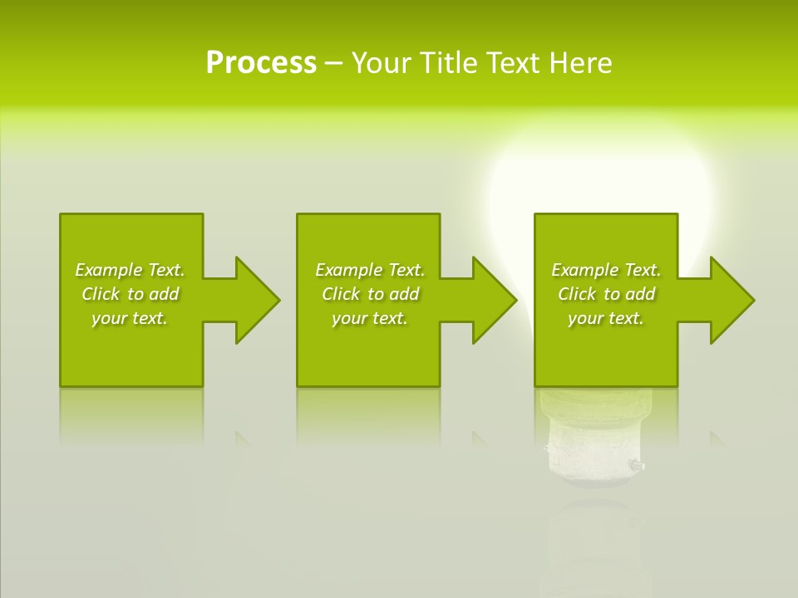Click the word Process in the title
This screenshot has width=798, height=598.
coord(261,63)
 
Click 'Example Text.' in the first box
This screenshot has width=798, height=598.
coord(130,270)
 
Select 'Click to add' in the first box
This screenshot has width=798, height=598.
coord(130,294)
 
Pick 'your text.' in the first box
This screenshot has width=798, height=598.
coord(130,318)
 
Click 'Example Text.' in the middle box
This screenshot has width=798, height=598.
coord(370,270)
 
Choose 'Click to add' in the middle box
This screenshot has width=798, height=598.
coord(370,294)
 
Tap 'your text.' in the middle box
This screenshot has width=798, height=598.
coord(370,318)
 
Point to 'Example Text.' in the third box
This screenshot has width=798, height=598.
coord(606,270)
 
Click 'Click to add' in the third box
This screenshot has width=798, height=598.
coord(606,294)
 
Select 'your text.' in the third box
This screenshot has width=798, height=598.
coord(606,318)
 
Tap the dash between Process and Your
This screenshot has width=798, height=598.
coord(333,63)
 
